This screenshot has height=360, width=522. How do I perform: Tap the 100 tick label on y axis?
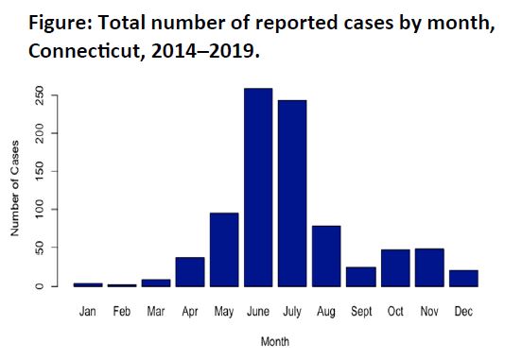[x=39, y=209]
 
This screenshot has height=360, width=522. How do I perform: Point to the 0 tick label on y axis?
[x=39, y=286]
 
